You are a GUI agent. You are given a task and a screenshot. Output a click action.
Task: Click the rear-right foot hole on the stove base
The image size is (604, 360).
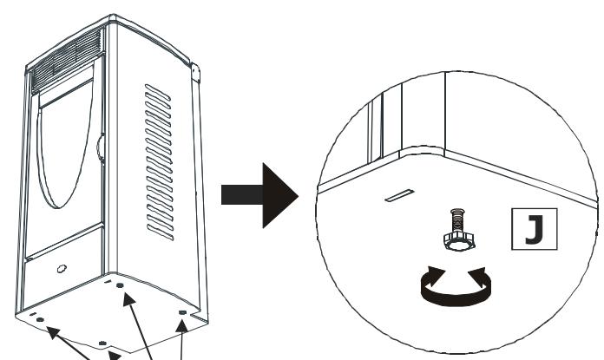point(181,311)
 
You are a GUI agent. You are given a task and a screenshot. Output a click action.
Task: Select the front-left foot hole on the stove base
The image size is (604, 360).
point(40,319)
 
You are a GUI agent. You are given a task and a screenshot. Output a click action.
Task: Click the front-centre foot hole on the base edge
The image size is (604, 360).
point(102,344)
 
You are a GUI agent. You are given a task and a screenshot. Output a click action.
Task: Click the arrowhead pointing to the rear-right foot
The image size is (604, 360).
point(182,326)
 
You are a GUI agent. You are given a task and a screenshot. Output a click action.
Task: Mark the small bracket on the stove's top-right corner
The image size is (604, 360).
point(195,70)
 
